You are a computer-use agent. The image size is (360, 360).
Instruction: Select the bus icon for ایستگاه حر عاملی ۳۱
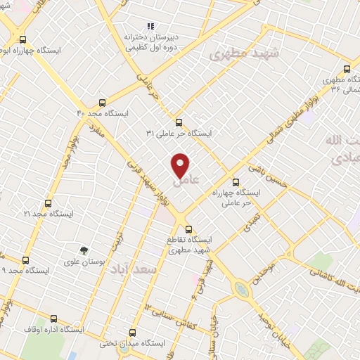click(179, 122)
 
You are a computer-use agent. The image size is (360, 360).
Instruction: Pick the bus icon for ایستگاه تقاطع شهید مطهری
click(188, 229)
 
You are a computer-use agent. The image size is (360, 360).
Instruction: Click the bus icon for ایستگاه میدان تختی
click(132, 333)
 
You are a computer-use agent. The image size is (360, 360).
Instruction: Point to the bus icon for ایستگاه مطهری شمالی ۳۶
click(347, 70)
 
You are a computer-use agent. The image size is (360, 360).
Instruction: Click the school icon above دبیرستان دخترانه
click(149, 26)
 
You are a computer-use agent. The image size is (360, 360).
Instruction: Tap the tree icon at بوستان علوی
click(84, 250)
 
